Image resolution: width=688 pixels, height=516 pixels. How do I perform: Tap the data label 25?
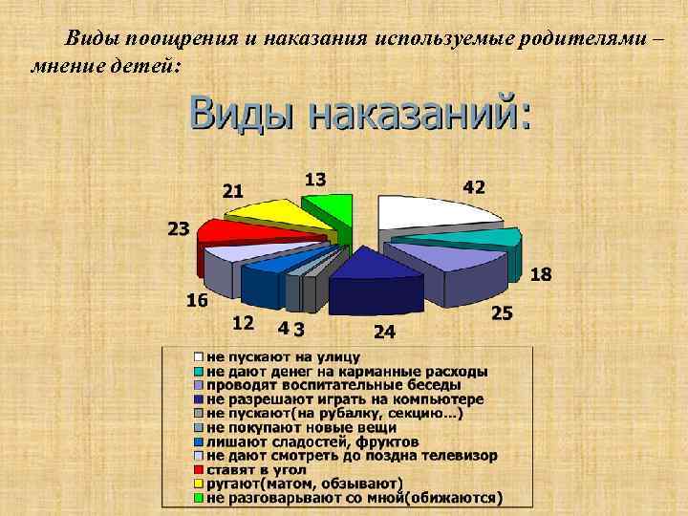[x=502, y=312]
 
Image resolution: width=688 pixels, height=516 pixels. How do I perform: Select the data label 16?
[x=197, y=300]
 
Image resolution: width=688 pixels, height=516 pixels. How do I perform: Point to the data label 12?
[x=243, y=322]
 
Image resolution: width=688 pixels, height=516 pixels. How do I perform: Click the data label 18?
[x=540, y=274]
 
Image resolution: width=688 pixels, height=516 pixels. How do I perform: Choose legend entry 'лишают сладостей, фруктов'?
[x=312, y=441]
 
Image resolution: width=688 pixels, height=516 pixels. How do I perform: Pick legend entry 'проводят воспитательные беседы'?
[x=335, y=384]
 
